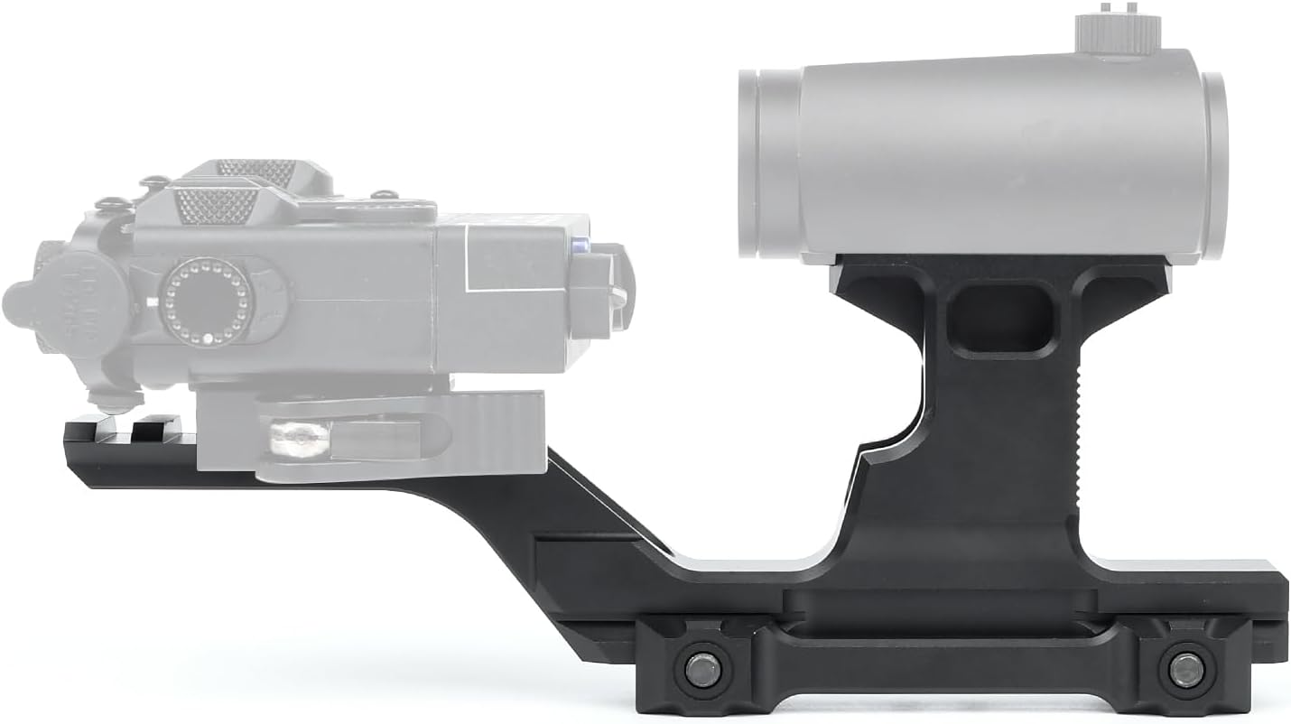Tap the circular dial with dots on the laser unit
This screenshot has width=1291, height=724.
[x=207, y=299]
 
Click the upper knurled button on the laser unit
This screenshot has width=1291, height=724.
[x=256, y=172]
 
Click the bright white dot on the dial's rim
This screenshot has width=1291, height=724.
[x=208, y=339]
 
